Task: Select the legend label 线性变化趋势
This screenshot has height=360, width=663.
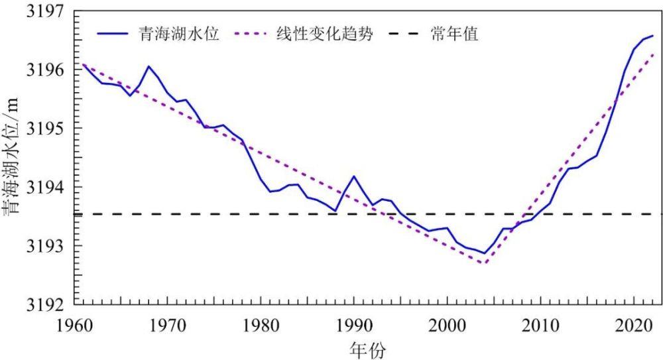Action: [x=323, y=34]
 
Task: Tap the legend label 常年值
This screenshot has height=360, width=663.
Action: [x=455, y=34]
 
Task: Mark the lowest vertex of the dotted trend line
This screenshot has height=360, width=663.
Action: [x=485, y=264]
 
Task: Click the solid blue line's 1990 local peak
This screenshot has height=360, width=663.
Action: [x=354, y=176]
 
